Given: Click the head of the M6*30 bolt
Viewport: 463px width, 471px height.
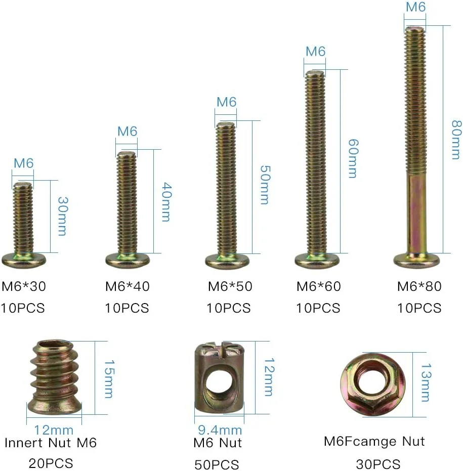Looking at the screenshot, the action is [24, 260].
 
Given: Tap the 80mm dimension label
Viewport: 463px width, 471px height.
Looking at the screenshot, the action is [456, 140].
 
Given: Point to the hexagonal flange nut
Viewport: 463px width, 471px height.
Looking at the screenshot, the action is [373, 385].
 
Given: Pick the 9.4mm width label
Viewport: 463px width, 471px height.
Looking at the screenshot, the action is [220, 430].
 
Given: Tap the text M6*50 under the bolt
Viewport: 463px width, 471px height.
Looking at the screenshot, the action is [230, 286].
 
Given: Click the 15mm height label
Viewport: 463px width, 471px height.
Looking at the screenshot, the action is [109, 379].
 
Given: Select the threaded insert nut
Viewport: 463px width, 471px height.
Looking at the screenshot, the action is [54, 378].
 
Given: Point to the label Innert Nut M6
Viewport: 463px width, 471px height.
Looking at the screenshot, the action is [51, 443].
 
